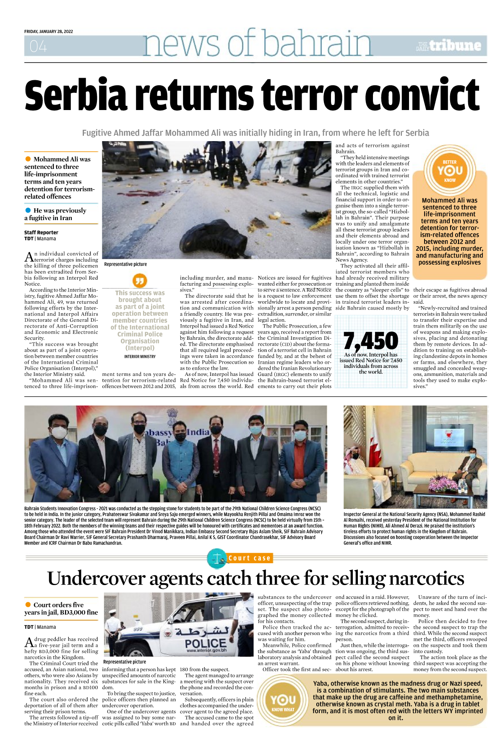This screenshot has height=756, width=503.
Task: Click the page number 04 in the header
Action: pos(38,46)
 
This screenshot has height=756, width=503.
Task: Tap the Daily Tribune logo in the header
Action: pos(448,45)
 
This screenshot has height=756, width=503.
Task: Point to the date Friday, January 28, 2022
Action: pos(49,31)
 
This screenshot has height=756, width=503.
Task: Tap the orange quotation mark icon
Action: pos(140,280)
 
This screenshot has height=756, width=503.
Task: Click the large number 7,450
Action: pos(370,341)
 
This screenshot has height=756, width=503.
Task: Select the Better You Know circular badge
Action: pos(450,171)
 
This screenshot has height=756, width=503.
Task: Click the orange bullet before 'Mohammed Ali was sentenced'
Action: pos(28,159)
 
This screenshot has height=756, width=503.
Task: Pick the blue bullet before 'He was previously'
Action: pos(28,210)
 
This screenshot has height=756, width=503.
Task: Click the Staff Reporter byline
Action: pos(41,232)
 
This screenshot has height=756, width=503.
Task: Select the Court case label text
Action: pos(249,558)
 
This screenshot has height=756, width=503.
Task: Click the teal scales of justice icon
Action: pos(216,558)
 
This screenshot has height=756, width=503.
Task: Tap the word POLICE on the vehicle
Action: pos(205,643)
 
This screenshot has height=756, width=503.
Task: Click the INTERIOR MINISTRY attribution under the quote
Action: pos(140,357)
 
